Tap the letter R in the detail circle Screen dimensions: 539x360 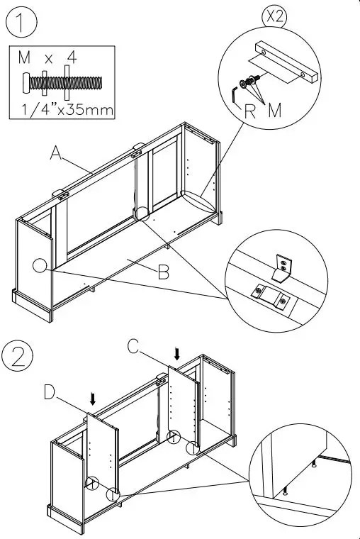pyautogui.click(x=249, y=109)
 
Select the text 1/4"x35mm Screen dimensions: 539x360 pyautogui.click(x=64, y=110)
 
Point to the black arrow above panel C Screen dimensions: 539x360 pyautogui.click(x=177, y=353)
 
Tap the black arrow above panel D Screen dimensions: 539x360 pyautogui.click(x=92, y=399)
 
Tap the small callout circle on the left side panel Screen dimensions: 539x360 pyautogui.click(x=40, y=265)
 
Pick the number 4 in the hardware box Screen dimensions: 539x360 pyautogui.click(x=72, y=55)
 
